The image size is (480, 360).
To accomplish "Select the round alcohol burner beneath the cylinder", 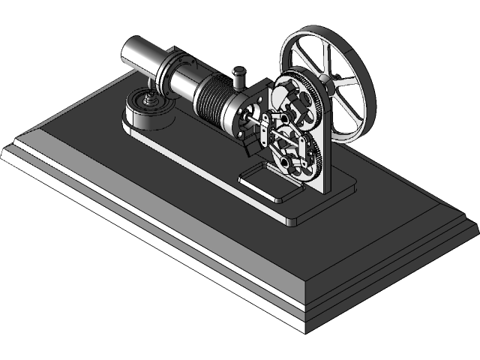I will point(148,112).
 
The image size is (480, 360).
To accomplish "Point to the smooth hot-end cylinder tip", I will point(140,53).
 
